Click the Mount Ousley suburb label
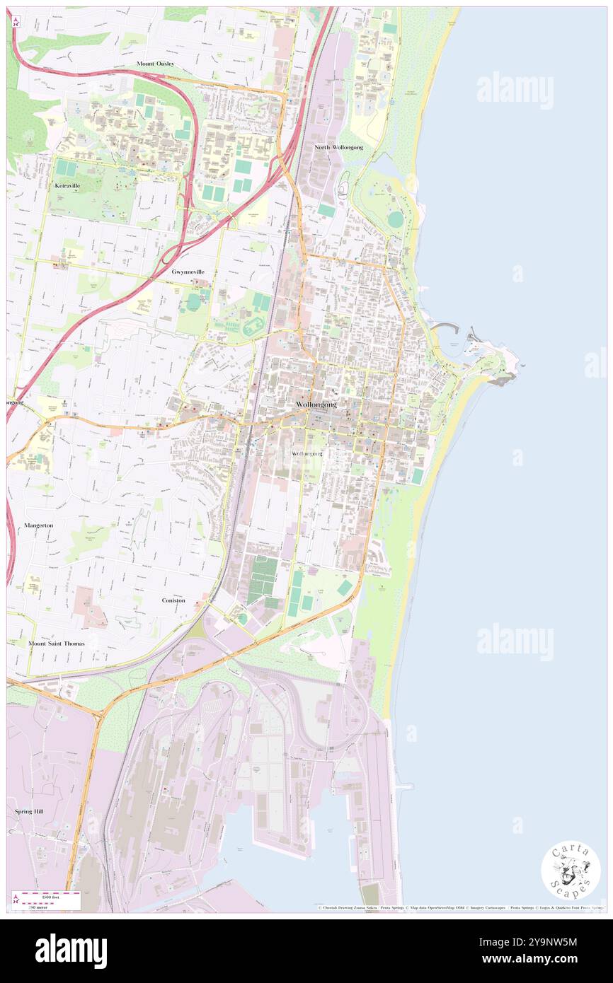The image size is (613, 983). click(155, 64)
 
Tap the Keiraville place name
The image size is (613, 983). click(67, 185)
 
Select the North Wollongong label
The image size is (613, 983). click(339, 147)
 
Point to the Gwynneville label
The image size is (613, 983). click(188, 272)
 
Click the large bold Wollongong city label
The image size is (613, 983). click(316, 404)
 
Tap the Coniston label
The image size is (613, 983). click(173, 600)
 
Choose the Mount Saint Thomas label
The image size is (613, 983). click(57, 644)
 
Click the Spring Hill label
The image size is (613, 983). click(29, 811)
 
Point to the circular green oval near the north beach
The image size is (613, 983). click(395, 220)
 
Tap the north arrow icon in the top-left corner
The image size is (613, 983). click(16, 21)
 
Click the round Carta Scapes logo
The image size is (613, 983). click(571, 870)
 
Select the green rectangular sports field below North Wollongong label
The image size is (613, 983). click(326, 210)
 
